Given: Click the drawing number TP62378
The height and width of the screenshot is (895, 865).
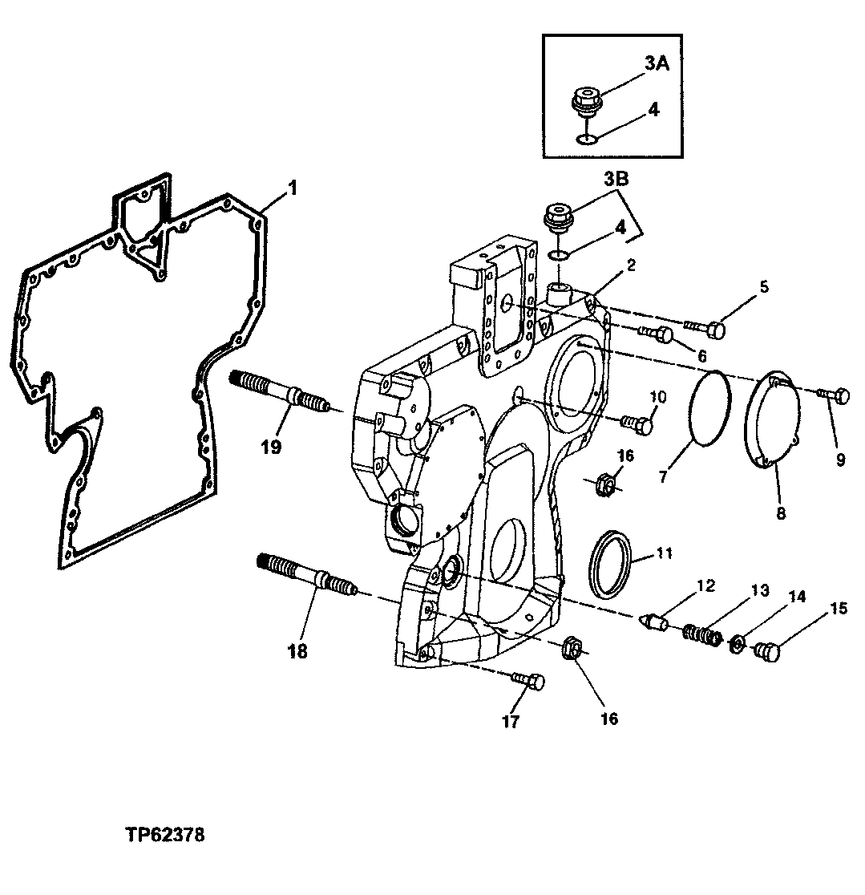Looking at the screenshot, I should (x=164, y=835).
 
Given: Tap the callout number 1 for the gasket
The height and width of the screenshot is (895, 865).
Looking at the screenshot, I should (x=293, y=188).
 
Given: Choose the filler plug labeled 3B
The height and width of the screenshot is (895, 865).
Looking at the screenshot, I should (x=558, y=217).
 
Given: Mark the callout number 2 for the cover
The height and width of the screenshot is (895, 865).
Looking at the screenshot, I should (x=632, y=265).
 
